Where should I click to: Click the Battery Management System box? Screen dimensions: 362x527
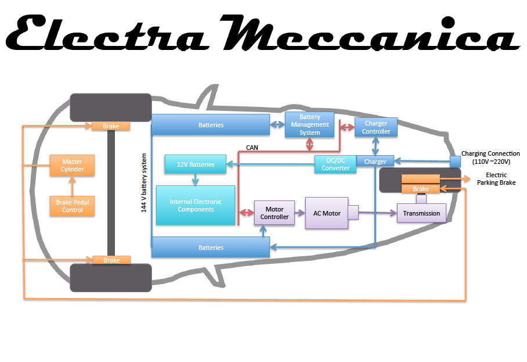tap(310, 125)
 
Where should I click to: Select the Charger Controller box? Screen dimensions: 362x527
tap(376, 127)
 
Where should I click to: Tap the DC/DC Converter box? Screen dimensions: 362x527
tap(335, 164)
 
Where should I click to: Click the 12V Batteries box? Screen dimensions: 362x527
tap(196, 164)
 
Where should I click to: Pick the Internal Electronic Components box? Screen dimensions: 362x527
tap(196, 206)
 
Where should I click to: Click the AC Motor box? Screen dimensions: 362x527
tap(326, 213)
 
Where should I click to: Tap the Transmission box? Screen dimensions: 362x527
tap(421, 213)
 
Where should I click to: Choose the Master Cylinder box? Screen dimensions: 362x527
tap(73, 165)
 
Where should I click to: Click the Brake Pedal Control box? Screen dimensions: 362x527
tap(73, 206)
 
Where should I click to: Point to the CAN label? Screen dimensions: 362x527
tap(252, 148)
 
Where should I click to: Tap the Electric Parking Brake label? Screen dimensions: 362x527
tap(496, 179)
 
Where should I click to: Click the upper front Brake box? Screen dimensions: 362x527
tap(110, 126)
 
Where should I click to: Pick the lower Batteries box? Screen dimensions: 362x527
tap(211, 248)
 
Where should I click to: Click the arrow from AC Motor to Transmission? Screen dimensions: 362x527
tap(377, 213)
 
